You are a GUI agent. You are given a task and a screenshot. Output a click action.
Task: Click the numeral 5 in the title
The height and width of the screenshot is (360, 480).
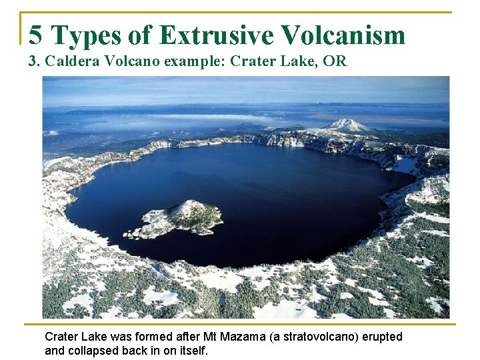tap(36, 35)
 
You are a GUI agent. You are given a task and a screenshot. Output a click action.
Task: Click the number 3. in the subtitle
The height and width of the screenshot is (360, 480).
tap(34, 62)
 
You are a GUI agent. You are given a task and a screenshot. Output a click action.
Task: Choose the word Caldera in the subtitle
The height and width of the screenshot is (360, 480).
tap(69, 62)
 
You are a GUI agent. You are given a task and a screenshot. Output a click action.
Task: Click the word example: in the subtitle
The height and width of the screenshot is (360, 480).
tap(194, 62)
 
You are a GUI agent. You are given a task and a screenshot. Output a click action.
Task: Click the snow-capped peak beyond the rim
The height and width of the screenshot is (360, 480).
tap(347, 125)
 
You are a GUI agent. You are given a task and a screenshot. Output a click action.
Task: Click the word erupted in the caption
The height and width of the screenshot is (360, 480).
tap(381, 337)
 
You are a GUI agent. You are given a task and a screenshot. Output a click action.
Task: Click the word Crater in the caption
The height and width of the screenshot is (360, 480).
tap(61, 337)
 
